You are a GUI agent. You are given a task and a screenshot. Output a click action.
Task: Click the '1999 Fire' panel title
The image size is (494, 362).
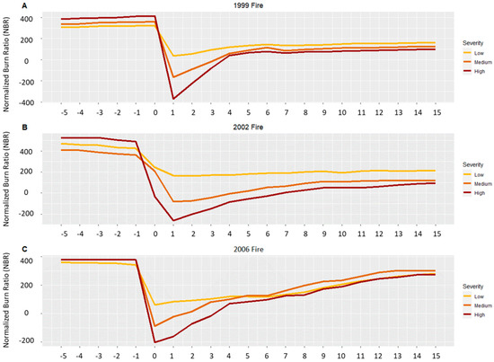[246, 4]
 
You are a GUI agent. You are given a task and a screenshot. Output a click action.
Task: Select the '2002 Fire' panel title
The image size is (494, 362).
[246, 125]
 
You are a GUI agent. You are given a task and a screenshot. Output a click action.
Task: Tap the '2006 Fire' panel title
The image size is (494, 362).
[246, 246]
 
